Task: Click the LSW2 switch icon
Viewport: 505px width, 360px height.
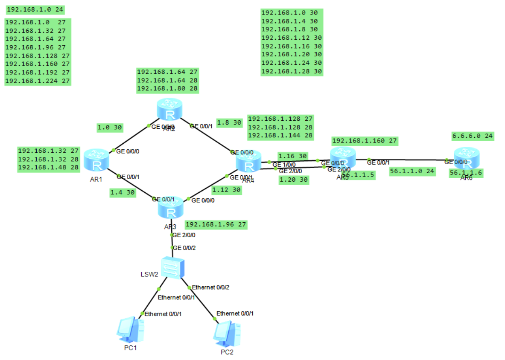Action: coord(173,267)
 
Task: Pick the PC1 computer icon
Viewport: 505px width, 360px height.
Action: coord(130,331)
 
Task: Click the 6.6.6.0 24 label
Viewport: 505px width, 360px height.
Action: coord(473,136)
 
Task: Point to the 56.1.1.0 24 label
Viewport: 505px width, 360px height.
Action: coord(412,171)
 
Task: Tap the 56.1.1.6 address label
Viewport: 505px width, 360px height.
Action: coord(466,172)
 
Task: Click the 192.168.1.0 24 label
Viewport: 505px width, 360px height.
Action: coord(32,9)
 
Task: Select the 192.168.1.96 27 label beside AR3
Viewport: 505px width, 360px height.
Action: coord(216,224)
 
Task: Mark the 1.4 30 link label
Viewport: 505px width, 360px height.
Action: coord(123,192)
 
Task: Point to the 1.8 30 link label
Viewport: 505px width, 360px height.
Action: coord(229,122)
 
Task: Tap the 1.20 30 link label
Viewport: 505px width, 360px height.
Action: coord(293,180)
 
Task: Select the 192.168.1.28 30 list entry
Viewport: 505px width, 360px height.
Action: coord(292,71)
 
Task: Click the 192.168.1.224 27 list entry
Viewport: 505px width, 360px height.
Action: coord(38,81)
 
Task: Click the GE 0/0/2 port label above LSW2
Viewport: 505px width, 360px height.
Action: coord(184,248)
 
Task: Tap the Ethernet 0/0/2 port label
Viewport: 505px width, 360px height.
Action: coord(211,287)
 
